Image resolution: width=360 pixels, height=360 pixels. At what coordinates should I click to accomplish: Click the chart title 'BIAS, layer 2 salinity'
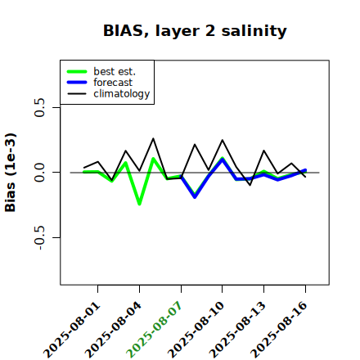tap(195, 31)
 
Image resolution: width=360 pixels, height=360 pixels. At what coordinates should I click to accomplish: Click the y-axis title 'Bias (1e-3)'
tap(11, 173)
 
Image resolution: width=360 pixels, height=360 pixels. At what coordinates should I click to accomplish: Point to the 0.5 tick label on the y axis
tap(39, 107)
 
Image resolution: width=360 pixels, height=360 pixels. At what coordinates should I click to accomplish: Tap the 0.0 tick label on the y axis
tap(39, 173)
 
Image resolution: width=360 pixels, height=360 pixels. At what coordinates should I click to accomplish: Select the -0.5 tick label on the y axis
tap(39, 238)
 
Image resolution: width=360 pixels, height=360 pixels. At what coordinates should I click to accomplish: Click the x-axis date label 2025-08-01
tap(71, 330)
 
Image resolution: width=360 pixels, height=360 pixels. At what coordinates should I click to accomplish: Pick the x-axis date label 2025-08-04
tap(113, 330)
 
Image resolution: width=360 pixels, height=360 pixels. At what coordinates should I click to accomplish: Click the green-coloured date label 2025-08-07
tap(155, 330)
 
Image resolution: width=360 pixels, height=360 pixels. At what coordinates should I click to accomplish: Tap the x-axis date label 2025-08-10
tap(196, 330)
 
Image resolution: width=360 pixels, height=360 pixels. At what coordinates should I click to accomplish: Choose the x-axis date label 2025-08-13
tap(237, 330)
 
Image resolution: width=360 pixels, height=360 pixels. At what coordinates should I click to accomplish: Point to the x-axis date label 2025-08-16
tap(279, 330)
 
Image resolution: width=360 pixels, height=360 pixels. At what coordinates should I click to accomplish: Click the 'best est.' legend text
tap(115, 71)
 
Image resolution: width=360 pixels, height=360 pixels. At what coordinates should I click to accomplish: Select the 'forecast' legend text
tap(113, 83)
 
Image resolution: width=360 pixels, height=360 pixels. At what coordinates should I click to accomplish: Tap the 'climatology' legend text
tap(122, 94)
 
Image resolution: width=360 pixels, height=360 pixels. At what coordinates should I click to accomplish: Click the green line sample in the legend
tap(77, 71)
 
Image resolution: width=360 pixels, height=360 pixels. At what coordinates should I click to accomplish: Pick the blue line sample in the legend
tap(77, 83)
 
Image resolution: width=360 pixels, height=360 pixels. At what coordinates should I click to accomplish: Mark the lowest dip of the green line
tap(139, 204)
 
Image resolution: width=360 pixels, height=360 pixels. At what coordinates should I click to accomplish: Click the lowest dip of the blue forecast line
tap(195, 197)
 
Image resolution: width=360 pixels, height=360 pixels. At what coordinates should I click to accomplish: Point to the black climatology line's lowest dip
tap(250, 185)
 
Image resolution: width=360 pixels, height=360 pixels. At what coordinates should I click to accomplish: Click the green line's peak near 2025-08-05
tap(153, 159)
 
